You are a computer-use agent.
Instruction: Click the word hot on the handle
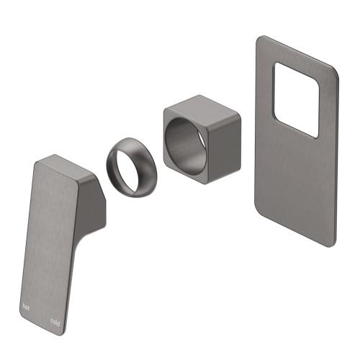click(27, 306)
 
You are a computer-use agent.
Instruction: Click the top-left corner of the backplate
click(258, 40)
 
